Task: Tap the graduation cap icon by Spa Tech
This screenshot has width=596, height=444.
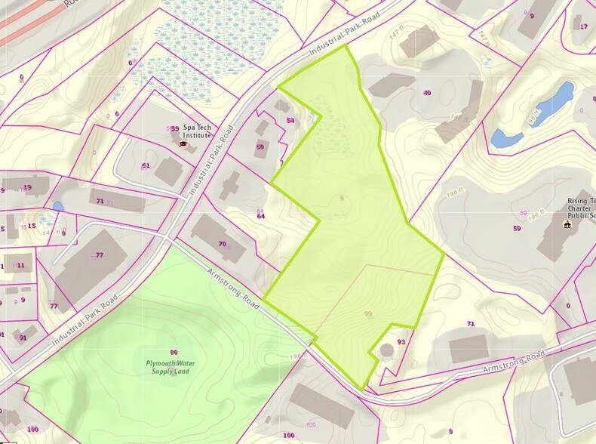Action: tap(183, 143)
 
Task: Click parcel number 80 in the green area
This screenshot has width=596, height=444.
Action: tap(174, 352)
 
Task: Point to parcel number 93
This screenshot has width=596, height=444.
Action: tap(401, 342)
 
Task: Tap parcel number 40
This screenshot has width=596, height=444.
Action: tap(428, 93)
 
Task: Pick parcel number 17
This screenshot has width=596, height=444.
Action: tap(583, 26)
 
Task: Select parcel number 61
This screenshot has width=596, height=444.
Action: tap(146, 165)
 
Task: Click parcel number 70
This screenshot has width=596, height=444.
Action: tap(222, 244)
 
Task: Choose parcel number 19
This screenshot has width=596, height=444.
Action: tap(27, 187)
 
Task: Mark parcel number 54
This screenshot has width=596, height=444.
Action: tap(290, 121)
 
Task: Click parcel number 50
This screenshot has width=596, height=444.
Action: tap(260, 146)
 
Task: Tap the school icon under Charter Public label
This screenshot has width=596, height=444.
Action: tap(567, 225)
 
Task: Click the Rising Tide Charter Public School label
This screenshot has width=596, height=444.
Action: tap(580, 208)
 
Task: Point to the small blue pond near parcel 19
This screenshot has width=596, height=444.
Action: tap(58, 206)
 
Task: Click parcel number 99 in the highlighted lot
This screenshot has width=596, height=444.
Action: tap(368, 314)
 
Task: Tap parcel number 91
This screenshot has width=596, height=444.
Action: tap(23, 338)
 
